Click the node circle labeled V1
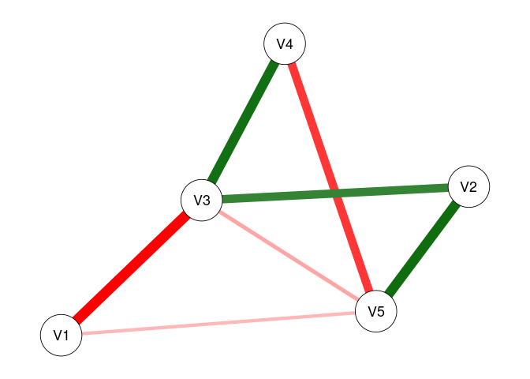(62, 336)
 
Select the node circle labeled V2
(468, 187)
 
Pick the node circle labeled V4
(285, 45)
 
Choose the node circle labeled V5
(376, 311)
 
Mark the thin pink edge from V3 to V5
(289, 255)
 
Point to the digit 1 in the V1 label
(66, 336)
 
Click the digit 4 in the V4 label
(289, 45)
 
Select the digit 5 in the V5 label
(381, 311)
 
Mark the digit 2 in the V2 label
(473, 187)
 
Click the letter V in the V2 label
(464, 187)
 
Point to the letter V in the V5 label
(371, 311)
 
